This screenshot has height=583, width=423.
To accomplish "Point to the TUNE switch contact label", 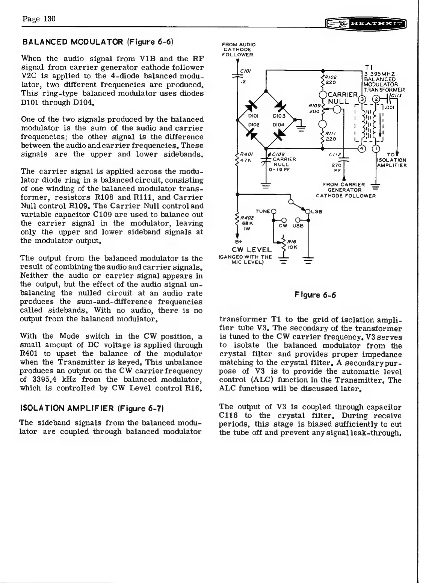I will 263,211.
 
